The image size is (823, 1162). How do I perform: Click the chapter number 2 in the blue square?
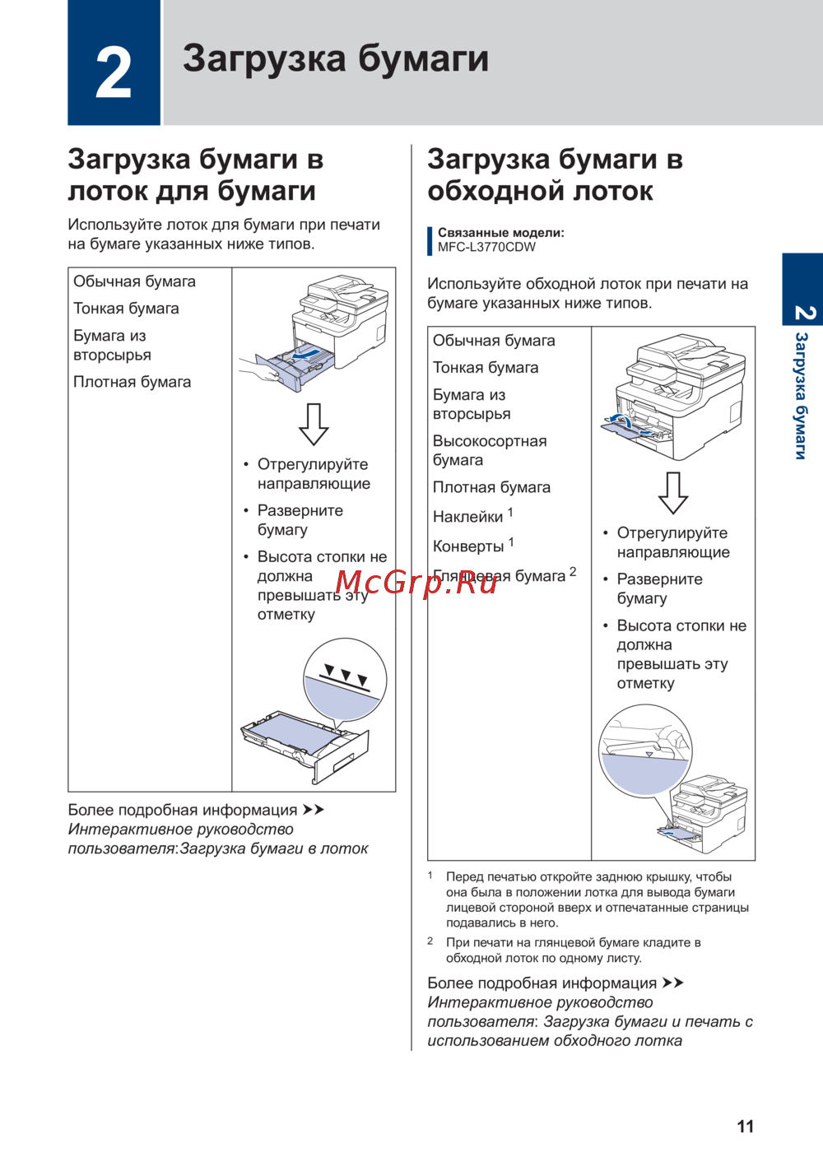[114, 72]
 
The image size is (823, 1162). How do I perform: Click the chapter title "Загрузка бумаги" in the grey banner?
[336, 59]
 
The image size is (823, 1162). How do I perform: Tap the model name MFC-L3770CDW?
[486, 247]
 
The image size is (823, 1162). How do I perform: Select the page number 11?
[745, 1127]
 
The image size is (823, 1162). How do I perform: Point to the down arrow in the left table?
[314, 424]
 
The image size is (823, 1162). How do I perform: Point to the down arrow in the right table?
[673, 493]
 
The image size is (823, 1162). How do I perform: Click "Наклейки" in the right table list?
[467, 517]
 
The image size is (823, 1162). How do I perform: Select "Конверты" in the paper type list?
[468, 546]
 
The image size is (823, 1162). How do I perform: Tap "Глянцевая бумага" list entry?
[499, 576]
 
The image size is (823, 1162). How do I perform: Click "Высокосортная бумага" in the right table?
[490, 450]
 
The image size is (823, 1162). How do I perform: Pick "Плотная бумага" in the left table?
[132, 382]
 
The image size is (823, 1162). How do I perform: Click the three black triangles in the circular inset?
[346, 674]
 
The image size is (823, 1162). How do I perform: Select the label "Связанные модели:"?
[500, 233]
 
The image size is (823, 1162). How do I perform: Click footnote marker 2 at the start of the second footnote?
[430, 941]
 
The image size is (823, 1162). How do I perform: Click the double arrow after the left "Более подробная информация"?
[314, 811]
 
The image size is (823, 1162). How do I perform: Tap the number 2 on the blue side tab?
[803, 313]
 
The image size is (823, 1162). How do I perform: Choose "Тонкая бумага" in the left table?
[126, 309]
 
